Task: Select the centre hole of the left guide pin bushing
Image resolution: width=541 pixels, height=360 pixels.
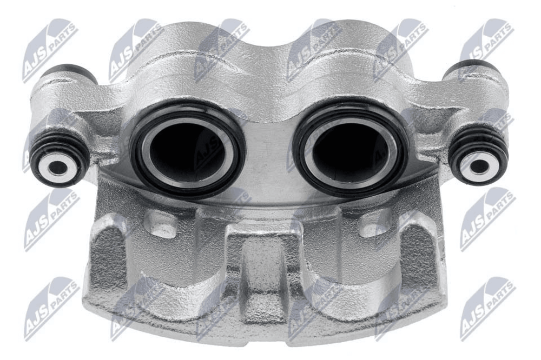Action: (x=58, y=168)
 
